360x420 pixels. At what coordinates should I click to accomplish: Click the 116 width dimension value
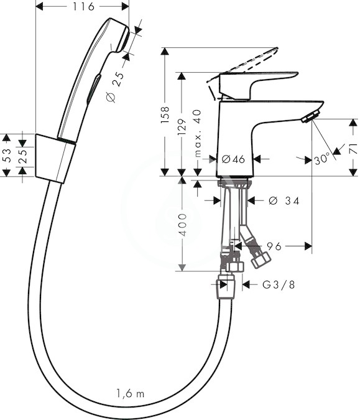point(84,6)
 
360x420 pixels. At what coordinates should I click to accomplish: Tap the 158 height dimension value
point(165,114)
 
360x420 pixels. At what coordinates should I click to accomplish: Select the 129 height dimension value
point(182,127)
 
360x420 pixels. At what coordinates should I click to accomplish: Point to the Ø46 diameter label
point(233,159)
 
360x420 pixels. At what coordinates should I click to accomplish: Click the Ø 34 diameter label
point(284,200)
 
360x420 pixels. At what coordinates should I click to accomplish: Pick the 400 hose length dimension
point(183,225)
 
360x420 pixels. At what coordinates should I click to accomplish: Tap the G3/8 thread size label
point(279,285)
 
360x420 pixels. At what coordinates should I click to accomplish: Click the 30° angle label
point(322,159)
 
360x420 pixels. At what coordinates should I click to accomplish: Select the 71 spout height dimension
point(354,148)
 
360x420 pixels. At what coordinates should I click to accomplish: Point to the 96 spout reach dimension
point(274,246)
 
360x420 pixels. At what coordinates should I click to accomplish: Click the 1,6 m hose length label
point(131,393)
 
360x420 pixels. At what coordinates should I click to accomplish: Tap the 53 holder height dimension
point(6,156)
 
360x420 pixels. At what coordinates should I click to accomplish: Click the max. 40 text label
point(197,133)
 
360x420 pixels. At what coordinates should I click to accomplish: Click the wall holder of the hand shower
point(55,159)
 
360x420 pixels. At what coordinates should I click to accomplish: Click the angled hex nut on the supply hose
point(261,259)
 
